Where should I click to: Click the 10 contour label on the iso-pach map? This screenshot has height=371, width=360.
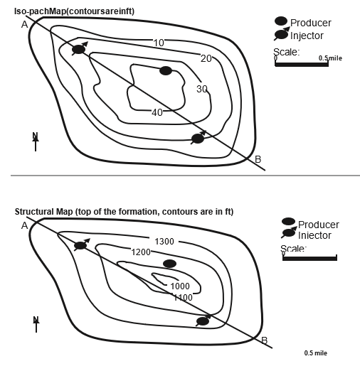(x=159, y=43)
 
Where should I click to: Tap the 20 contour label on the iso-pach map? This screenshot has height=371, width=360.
(x=206, y=58)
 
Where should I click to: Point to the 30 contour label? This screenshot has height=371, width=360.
(x=202, y=89)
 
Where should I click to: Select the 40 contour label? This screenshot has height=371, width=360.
(x=157, y=112)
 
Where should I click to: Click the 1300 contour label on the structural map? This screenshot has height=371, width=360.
(x=164, y=242)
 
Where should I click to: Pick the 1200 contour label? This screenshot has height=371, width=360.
(x=141, y=252)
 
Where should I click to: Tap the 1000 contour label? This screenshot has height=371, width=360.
(x=180, y=286)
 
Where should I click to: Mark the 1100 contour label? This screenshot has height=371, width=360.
(x=183, y=297)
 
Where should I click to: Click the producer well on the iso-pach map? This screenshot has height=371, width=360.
(x=166, y=70)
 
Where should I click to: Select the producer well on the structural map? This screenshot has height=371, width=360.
(x=169, y=264)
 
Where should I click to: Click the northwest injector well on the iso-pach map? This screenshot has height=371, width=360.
(x=78, y=49)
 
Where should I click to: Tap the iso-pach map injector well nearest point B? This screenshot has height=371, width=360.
(x=198, y=138)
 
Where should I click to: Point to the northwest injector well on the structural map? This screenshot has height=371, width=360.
(x=80, y=246)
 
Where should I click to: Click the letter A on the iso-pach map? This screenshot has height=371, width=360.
(x=24, y=24)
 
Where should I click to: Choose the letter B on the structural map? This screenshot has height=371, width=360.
(x=264, y=340)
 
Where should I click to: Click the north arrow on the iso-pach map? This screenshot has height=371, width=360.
(x=36, y=141)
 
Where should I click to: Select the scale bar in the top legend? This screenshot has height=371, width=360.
(x=302, y=65)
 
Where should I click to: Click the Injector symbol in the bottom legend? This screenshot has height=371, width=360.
(x=288, y=234)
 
